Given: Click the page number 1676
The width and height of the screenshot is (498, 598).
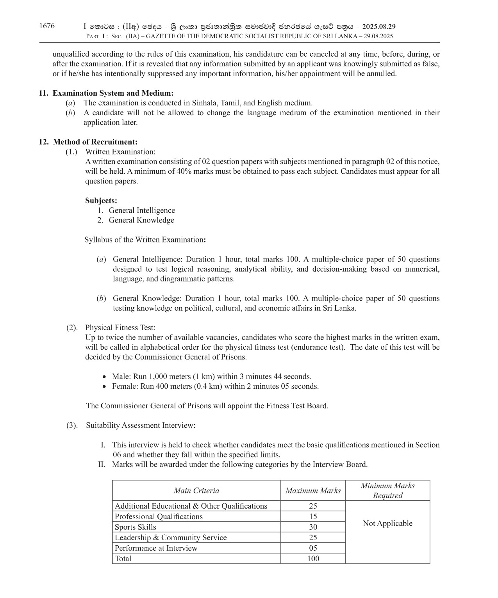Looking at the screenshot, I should (47, 26).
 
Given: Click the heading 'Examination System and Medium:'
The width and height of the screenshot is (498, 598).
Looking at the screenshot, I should (113, 93).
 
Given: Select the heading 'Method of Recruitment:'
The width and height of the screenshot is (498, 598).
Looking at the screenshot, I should (95, 142).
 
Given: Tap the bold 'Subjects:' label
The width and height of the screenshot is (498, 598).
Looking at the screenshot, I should (101, 201).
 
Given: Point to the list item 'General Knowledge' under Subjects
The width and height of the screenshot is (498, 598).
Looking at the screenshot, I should (141, 220).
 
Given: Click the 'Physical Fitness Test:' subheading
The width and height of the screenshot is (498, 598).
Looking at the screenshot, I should (120, 327).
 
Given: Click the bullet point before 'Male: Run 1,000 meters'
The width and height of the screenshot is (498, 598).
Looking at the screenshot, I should (104, 377).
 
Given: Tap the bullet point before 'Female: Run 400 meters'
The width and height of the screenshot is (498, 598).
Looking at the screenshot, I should (104, 387).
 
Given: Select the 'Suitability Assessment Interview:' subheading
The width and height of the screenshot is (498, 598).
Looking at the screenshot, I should (141, 425).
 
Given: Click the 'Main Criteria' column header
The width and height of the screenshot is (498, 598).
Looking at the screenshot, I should (196, 491).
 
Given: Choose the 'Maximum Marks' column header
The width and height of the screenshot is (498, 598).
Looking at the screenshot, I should (313, 491).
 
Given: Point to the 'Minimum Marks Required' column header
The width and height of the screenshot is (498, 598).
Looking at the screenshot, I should (387, 491).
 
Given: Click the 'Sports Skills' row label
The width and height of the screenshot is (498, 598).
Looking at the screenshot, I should (136, 527).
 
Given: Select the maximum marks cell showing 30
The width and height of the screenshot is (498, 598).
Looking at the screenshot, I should (313, 527).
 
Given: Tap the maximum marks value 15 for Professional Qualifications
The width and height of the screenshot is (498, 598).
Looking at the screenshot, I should (313, 516).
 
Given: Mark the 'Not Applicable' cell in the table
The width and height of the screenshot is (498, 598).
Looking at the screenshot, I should (387, 523).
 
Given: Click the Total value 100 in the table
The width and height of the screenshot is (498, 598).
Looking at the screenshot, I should (313, 559).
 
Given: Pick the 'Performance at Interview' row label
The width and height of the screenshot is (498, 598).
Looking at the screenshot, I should (156, 548).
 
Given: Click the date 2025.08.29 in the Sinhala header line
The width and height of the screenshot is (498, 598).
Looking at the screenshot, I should (379, 27).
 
